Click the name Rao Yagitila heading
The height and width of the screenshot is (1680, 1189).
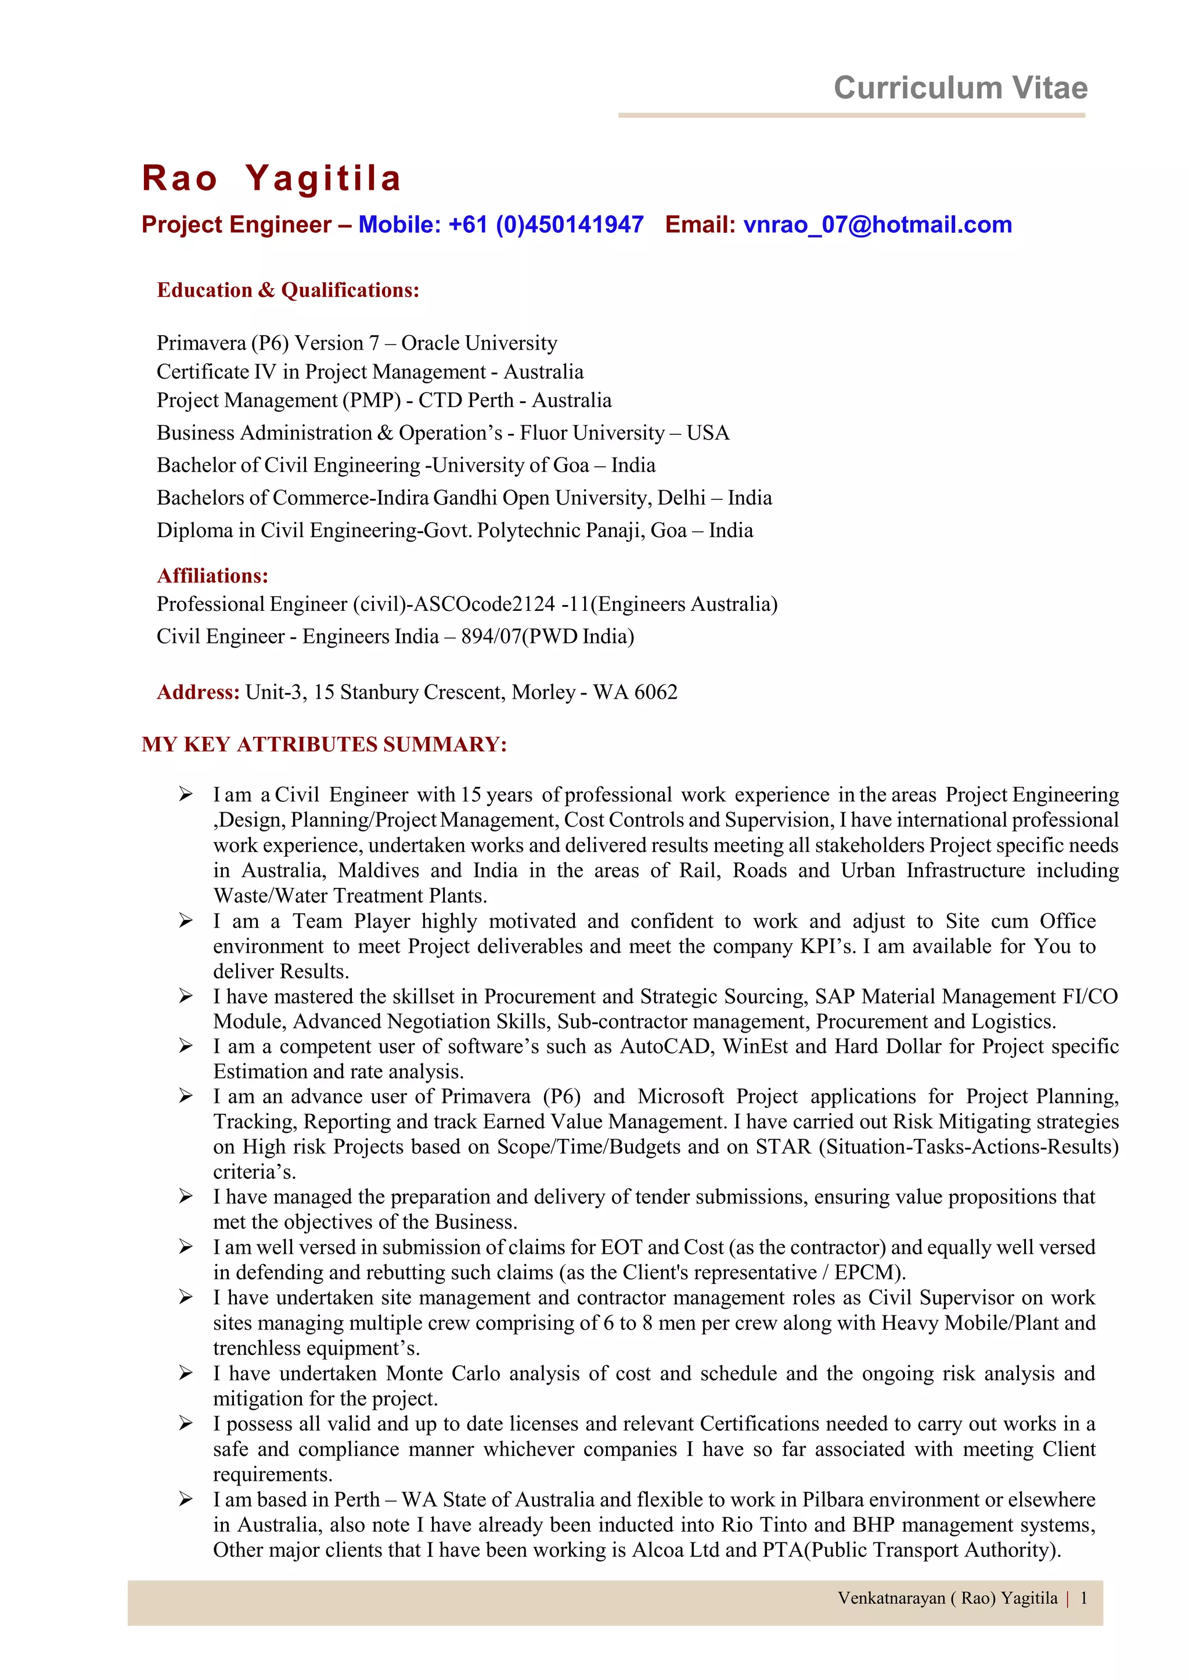(x=272, y=178)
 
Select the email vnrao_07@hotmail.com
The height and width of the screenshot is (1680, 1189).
(x=877, y=225)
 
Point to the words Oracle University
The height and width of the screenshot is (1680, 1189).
(x=479, y=343)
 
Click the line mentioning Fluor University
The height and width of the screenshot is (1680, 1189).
(x=442, y=433)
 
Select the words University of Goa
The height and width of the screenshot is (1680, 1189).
(x=511, y=465)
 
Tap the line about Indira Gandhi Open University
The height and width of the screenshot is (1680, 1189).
(x=463, y=498)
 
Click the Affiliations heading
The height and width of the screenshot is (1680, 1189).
(x=212, y=575)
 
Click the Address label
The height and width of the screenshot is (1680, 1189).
(x=197, y=692)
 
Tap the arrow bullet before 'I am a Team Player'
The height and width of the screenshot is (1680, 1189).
(x=186, y=920)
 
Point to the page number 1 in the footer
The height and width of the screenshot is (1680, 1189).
(x=1083, y=1598)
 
